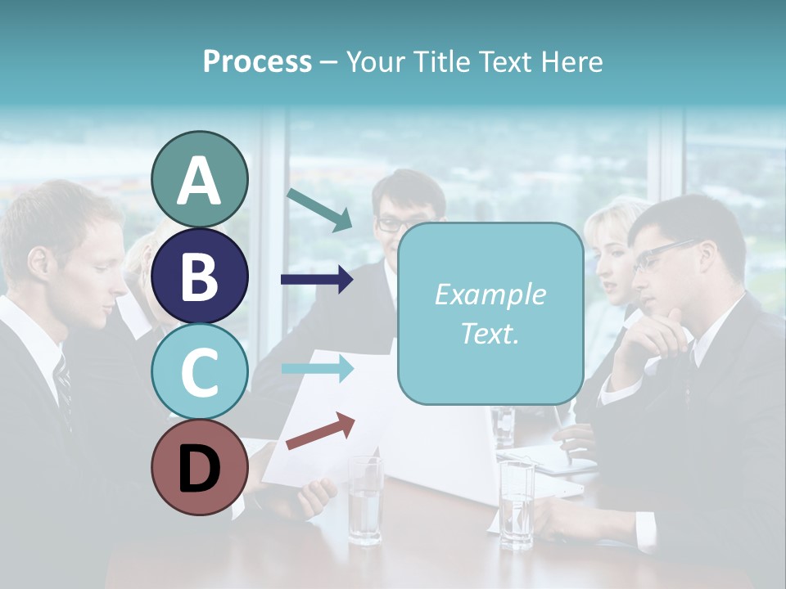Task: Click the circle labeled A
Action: (199, 179)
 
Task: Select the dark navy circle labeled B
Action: (199, 276)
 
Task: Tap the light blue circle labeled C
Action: (199, 371)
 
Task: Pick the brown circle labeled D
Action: (199, 467)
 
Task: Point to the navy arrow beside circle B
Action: (317, 280)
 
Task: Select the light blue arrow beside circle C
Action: (317, 368)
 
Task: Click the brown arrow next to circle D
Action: (320, 431)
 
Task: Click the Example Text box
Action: (490, 313)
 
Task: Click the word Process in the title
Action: (257, 61)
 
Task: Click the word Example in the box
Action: (490, 294)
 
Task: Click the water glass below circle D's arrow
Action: (365, 500)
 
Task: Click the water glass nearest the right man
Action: (517, 503)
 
